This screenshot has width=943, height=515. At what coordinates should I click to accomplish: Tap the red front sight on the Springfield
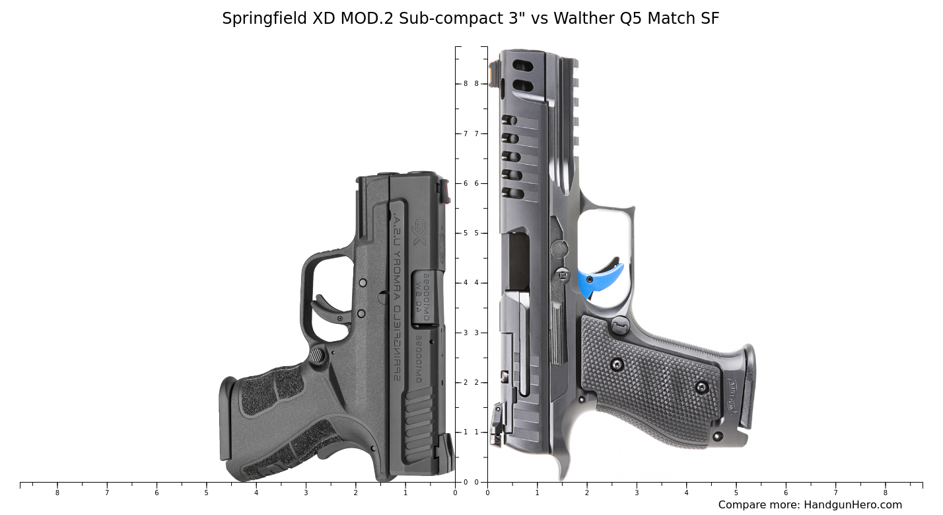tap(447, 193)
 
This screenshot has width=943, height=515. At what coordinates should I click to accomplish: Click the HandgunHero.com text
tap(853, 505)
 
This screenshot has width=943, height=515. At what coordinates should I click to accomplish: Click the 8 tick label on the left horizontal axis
tap(57, 493)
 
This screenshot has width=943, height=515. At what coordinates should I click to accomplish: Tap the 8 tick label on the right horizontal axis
tap(886, 493)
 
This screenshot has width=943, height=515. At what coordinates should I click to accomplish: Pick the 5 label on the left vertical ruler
tap(466, 233)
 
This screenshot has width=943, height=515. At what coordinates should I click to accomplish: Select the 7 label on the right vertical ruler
tap(476, 134)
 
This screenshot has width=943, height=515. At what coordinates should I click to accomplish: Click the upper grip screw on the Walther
tap(617, 364)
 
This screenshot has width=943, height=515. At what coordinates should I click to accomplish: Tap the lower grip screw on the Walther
tap(701, 387)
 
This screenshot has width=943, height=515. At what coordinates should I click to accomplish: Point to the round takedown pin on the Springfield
tap(318, 356)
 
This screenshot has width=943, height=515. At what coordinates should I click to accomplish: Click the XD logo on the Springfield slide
tap(420, 232)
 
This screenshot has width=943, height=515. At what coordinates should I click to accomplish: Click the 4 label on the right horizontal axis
tap(686, 493)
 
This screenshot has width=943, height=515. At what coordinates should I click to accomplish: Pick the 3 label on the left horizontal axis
tap(306, 493)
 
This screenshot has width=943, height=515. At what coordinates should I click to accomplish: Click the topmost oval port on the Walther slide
tap(523, 66)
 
